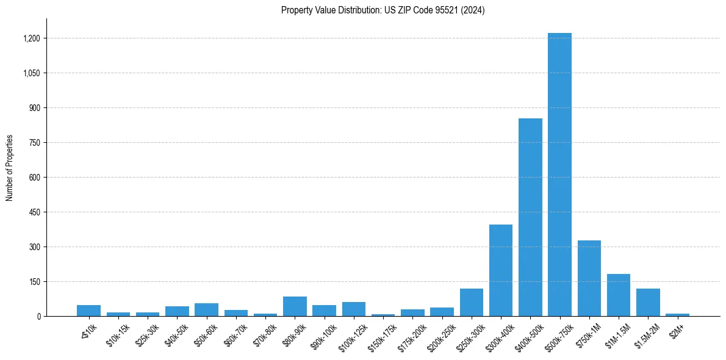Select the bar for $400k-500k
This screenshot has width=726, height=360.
click(x=530, y=217)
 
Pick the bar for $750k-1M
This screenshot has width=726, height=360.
click(x=589, y=278)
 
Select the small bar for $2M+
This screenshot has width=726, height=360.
click(x=677, y=315)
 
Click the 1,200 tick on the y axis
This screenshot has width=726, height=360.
click(x=31, y=38)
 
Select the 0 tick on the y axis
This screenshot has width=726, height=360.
click(x=38, y=317)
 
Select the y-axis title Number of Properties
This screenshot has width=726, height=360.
click(x=9, y=168)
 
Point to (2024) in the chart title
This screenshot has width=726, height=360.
click(x=473, y=10)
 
